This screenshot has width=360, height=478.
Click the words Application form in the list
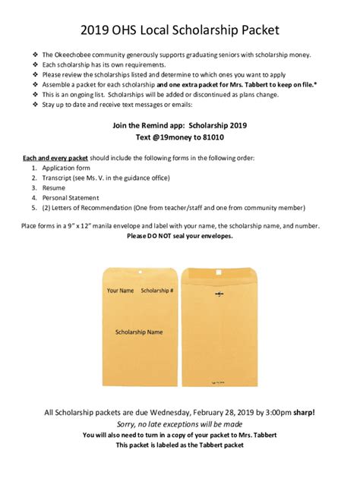(66, 167)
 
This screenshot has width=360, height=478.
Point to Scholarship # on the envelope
(158, 291)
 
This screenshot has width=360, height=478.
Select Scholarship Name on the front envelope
(139, 332)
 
